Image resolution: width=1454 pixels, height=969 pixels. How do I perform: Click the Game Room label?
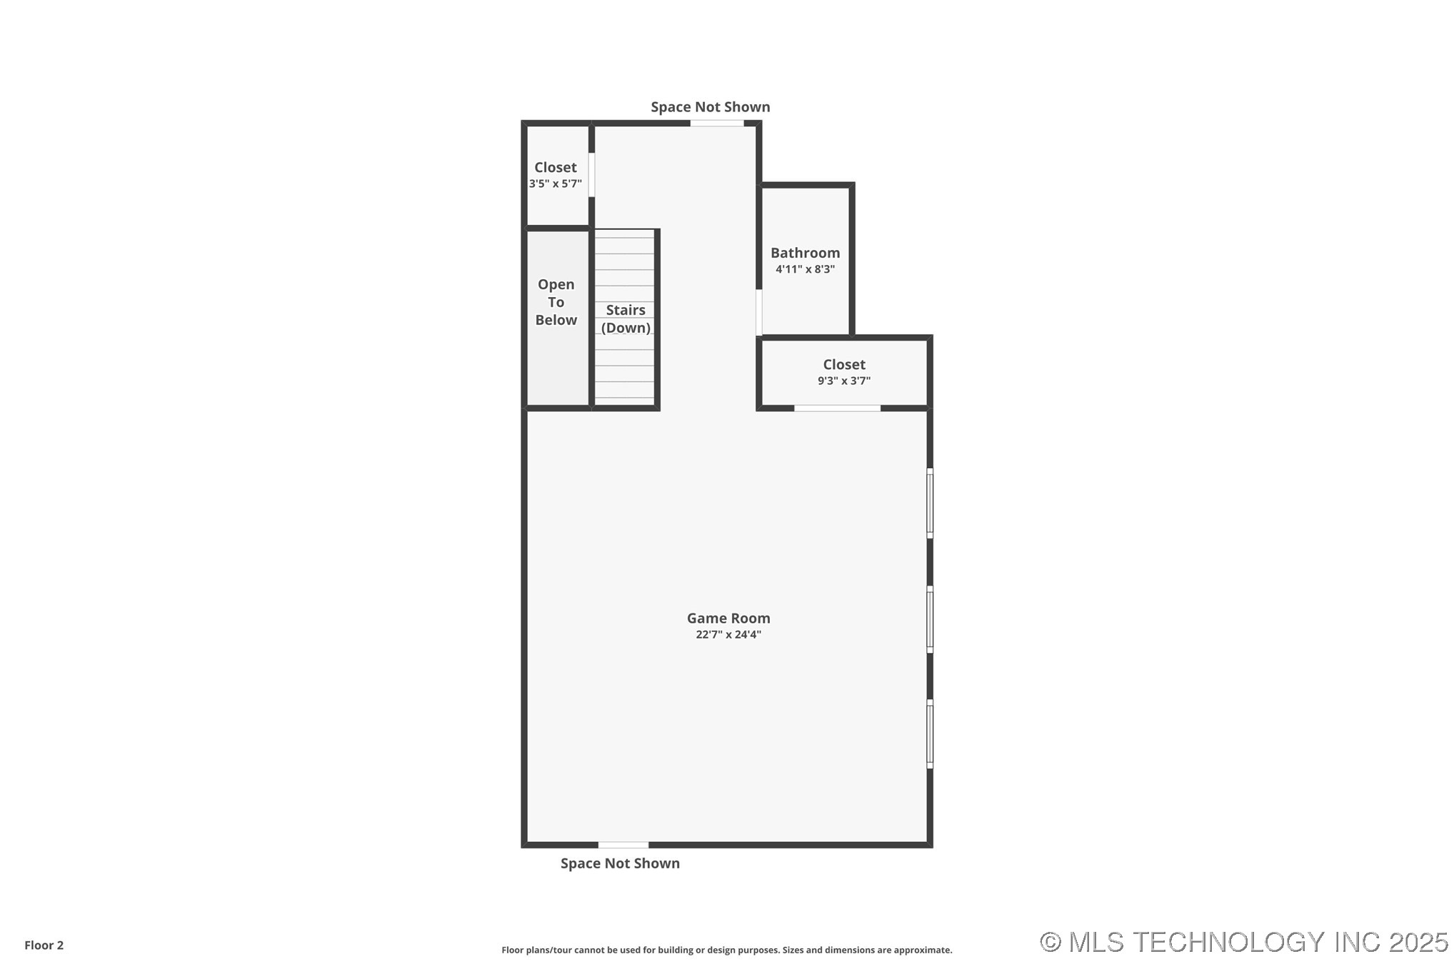point(728,618)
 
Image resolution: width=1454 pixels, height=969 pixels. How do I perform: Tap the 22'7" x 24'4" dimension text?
point(728,635)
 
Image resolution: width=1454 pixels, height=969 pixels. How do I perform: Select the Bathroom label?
point(805,253)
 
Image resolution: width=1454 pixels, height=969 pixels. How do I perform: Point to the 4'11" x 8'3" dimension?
point(805,269)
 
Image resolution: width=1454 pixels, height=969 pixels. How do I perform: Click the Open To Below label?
point(556,302)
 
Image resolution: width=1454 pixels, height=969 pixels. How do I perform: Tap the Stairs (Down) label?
point(626,318)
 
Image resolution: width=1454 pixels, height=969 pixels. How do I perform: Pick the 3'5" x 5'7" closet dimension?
point(555,184)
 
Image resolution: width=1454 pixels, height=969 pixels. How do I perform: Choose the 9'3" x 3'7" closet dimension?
point(844,381)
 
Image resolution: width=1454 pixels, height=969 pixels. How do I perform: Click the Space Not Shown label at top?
point(710,107)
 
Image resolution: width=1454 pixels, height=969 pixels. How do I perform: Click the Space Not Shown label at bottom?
point(620,863)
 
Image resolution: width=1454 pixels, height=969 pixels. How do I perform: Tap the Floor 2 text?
point(44,945)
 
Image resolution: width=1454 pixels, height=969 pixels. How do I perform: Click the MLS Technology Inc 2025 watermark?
point(1243,943)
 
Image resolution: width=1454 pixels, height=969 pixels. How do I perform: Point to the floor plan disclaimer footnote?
point(726,950)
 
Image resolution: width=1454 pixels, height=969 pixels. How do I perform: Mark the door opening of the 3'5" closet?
point(591,175)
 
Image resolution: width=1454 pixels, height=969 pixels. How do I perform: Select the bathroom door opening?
point(758,312)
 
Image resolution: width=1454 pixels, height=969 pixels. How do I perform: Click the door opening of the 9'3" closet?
point(837,408)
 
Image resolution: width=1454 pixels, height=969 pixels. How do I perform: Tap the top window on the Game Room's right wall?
point(930,503)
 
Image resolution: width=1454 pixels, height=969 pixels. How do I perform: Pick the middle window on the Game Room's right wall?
point(930,619)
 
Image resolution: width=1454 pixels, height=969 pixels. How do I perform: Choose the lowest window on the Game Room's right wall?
point(930,734)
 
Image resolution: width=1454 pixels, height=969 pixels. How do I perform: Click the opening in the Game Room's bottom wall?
point(623,845)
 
